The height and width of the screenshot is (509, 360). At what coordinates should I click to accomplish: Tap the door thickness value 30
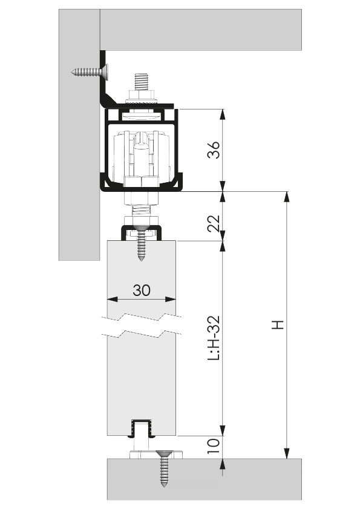[x=142, y=290]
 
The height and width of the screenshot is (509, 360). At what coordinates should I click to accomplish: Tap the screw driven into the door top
[x=142, y=243]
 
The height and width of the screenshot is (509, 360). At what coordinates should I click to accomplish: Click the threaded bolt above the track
[x=142, y=84]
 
